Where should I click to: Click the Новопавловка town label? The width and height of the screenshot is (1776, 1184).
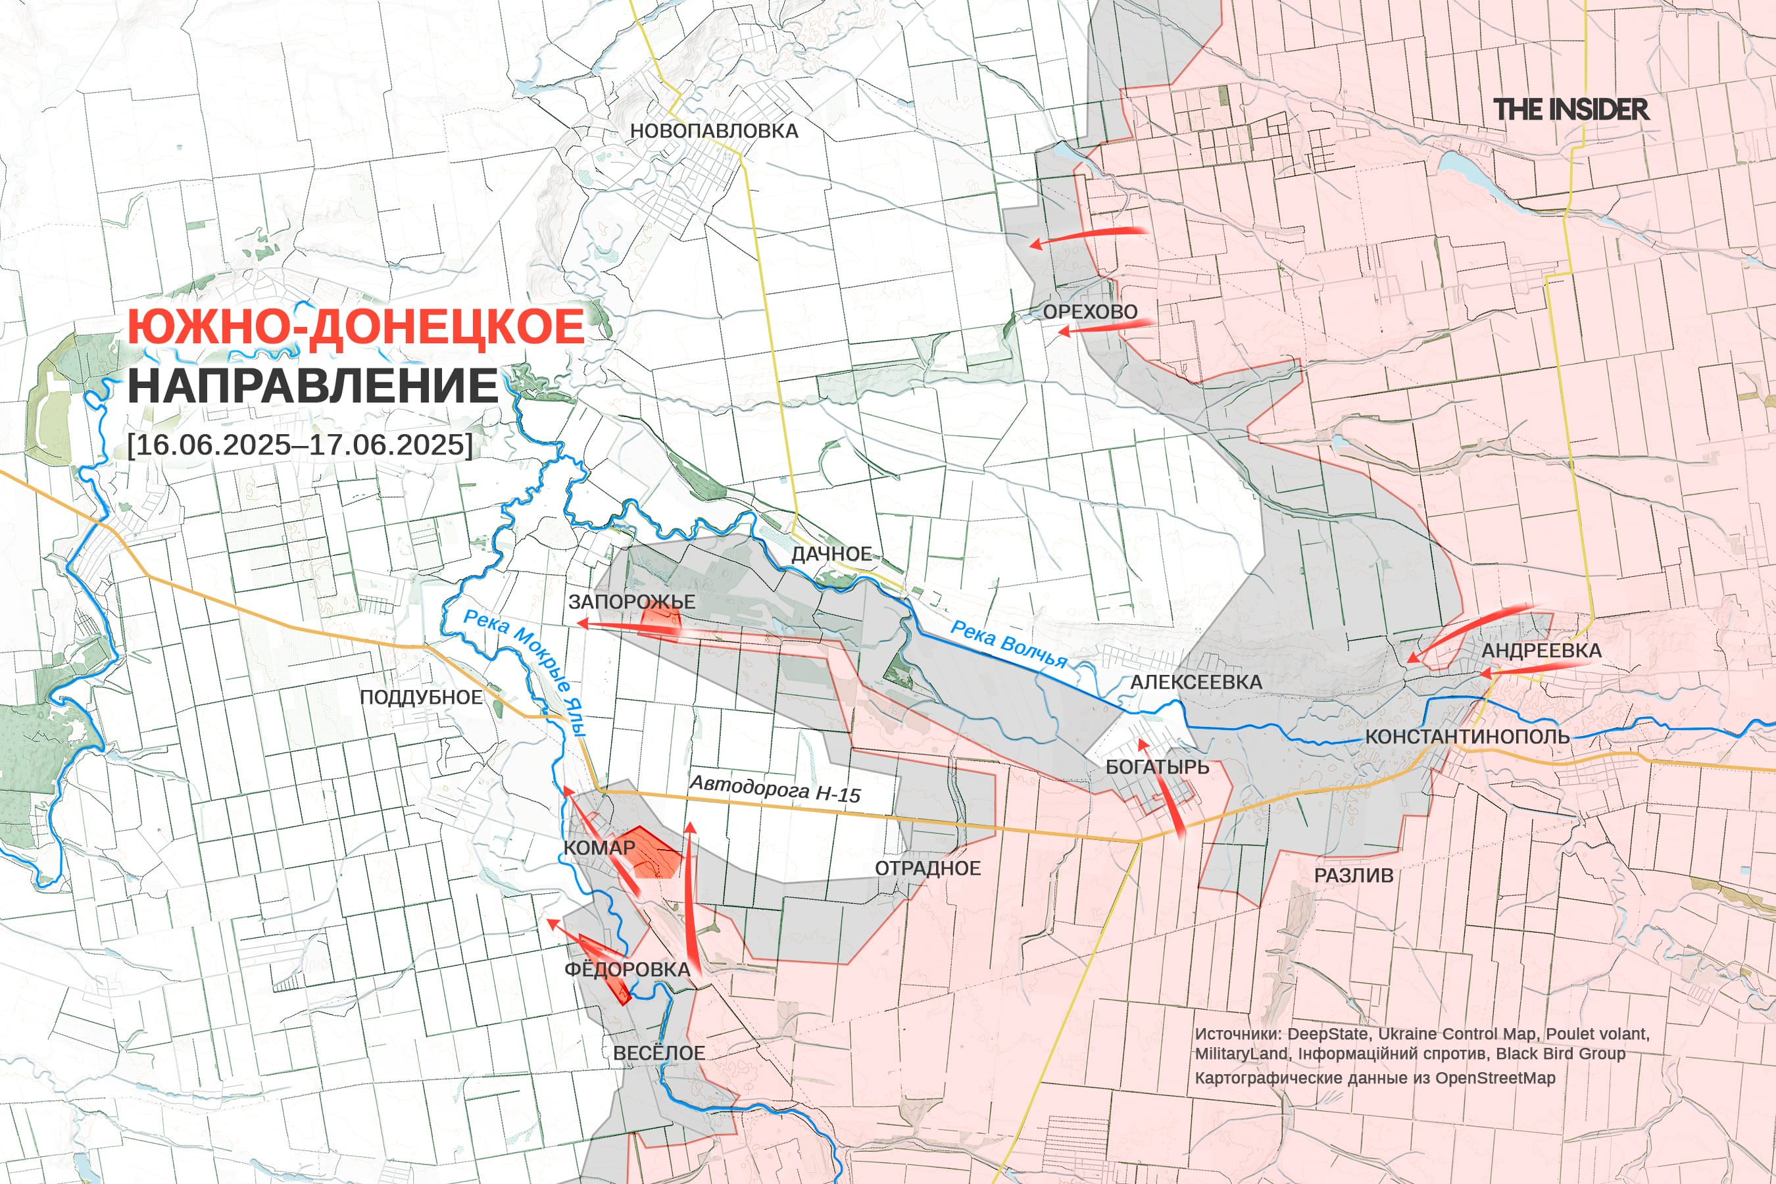(714, 131)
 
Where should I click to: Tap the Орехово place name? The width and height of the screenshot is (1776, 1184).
(1090, 312)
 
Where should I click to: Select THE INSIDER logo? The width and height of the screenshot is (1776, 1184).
(1571, 109)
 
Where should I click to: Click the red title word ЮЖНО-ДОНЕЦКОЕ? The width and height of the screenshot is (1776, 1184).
(356, 327)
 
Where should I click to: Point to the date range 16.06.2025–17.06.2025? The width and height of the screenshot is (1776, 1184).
(300, 444)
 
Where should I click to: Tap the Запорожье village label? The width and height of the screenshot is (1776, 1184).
(631, 602)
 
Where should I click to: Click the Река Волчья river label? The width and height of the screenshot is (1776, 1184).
(1008, 644)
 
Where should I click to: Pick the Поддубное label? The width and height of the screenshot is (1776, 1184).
(420, 697)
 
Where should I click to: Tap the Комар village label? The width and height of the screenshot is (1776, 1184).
(599, 848)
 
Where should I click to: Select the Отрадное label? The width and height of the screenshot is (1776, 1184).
(927, 868)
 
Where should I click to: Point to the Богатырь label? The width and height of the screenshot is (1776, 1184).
(1157, 767)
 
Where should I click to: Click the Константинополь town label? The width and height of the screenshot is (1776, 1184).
(1466, 737)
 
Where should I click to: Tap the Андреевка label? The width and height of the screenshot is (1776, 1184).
(1541, 650)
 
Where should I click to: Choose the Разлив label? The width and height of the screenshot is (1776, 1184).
(1353, 876)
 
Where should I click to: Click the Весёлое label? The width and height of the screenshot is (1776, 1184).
(658, 1053)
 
